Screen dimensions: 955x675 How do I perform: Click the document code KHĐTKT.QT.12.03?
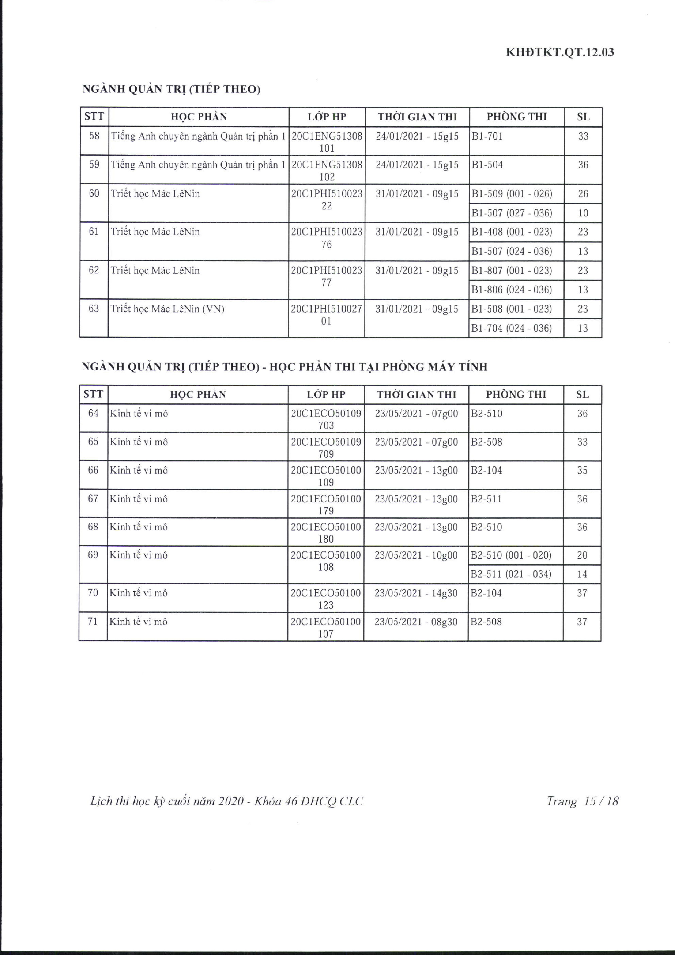point(559,53)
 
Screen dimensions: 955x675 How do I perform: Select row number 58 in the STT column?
point(94,136)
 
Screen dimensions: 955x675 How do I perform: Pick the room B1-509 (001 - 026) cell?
point(511,194)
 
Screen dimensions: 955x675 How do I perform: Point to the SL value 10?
point(583,213)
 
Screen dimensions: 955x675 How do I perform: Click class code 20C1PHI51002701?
point(327,315)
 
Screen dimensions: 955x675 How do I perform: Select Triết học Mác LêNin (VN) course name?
point(167,309)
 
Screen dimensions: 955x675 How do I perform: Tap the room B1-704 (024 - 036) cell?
point(511,328)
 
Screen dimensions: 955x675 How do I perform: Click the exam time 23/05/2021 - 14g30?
point(416,593)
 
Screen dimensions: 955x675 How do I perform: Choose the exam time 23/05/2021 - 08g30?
point(416,622)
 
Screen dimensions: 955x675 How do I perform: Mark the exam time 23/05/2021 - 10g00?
point(416,555)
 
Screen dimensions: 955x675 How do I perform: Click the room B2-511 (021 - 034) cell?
point(511,574)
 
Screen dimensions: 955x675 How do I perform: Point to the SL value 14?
point(582,574)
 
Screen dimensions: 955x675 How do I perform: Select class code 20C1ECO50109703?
point(326,419)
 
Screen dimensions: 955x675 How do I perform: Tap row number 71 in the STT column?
point(93,622)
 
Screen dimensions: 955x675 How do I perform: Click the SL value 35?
point(582,470)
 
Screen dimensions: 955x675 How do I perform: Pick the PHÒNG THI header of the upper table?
point(517,117)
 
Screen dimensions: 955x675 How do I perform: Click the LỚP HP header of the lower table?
point(326,394)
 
